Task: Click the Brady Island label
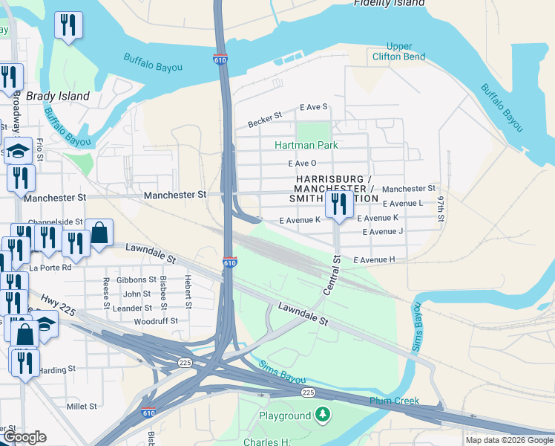(58, 96)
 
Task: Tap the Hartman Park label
(306, 145)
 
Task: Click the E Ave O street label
(302, 164)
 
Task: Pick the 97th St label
(440, 209)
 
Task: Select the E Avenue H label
(374, 259)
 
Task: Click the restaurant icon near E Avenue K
(339, 204)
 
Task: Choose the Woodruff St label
(156, 321)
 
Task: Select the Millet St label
(82, 407)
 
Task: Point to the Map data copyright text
(509, 440)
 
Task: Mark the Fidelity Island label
(389, 3)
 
